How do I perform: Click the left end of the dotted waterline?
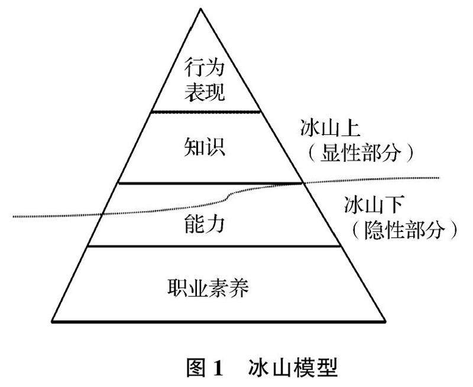tap(14, 217)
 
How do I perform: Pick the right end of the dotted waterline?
tap(440, 176)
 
